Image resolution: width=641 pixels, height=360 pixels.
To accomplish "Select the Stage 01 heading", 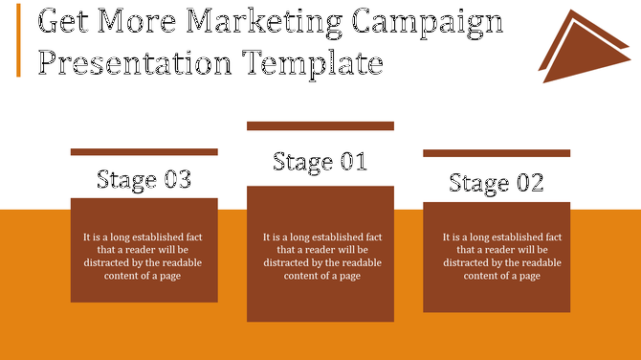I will coord(320,162).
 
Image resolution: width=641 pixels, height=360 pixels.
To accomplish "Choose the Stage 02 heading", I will coord(496,183).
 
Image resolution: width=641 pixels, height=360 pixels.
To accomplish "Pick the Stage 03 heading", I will coord(144,179).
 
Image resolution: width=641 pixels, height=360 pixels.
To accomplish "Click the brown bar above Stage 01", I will coord(320,125).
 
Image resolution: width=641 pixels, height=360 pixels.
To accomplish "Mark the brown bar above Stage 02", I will coord(496,152).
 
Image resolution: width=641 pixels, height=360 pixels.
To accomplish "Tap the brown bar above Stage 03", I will coord(144,151).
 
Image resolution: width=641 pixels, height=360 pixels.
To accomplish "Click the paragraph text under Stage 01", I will coord(322,256).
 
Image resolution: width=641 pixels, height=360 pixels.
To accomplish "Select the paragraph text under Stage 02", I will coord(501,256).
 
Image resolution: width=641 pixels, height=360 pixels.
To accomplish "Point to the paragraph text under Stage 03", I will coord(143,256).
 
